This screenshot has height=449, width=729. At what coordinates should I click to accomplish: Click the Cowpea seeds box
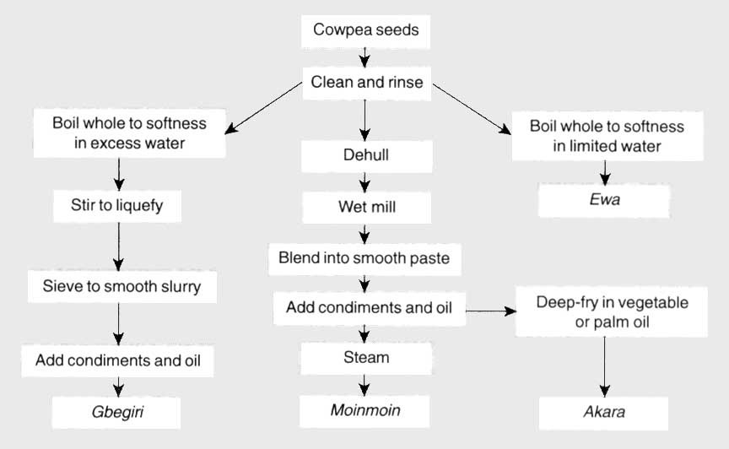pyautogui.click(x=365, y=31)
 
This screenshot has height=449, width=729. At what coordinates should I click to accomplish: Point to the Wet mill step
pyautogui.click(x=365, y=205)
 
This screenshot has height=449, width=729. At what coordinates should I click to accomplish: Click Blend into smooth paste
pyautogui.click(x=364, y=258)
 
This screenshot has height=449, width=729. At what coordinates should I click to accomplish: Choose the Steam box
pyautogui.click(x=365, y=358)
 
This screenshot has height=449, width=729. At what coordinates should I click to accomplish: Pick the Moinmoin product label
pyautogui.click(x=365, y=411)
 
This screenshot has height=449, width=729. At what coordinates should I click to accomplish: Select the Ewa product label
pyautogui.click(x=605, y=202)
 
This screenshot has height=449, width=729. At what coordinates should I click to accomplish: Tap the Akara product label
pyautogui.click(x=603, y=414)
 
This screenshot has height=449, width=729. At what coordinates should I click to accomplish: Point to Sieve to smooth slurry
pyautogui.click(x=121, y=286)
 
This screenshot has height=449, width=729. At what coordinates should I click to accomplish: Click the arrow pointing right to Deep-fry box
pyautogui.click(x=489, y=311)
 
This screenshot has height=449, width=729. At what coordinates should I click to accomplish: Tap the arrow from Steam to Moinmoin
pyautogui.click(x=365, y=384)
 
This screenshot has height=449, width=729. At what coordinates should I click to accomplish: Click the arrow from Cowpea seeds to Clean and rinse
pyautogui.click(x=365, y=57)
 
